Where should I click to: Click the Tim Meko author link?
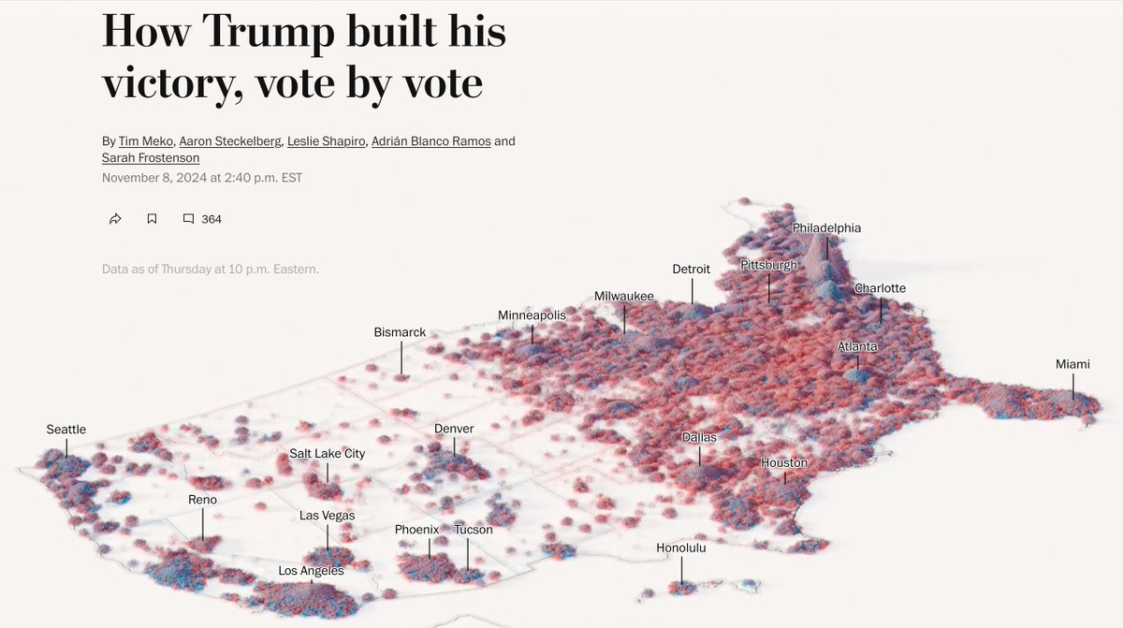(146, 141)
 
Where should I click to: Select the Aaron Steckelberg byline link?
(230, 141)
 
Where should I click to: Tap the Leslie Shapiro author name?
(327, 141)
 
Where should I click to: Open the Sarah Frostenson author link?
(151, 158)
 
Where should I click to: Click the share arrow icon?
(115, 219)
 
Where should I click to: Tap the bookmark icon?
(152, 219)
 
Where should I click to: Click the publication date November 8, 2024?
(160, 178)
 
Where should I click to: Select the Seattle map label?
(66, 430)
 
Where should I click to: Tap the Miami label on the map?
(1072, 364)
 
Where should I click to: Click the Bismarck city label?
(400, 332)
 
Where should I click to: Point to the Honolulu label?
(680, 548)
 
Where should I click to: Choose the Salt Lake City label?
(327, 454)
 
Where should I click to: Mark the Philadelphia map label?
(826, 228)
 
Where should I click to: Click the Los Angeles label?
(311, 571)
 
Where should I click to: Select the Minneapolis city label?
(532, 315)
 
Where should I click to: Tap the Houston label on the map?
(784, 462)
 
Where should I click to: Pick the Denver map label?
(454, 429)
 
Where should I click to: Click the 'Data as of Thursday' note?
(211, 270)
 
